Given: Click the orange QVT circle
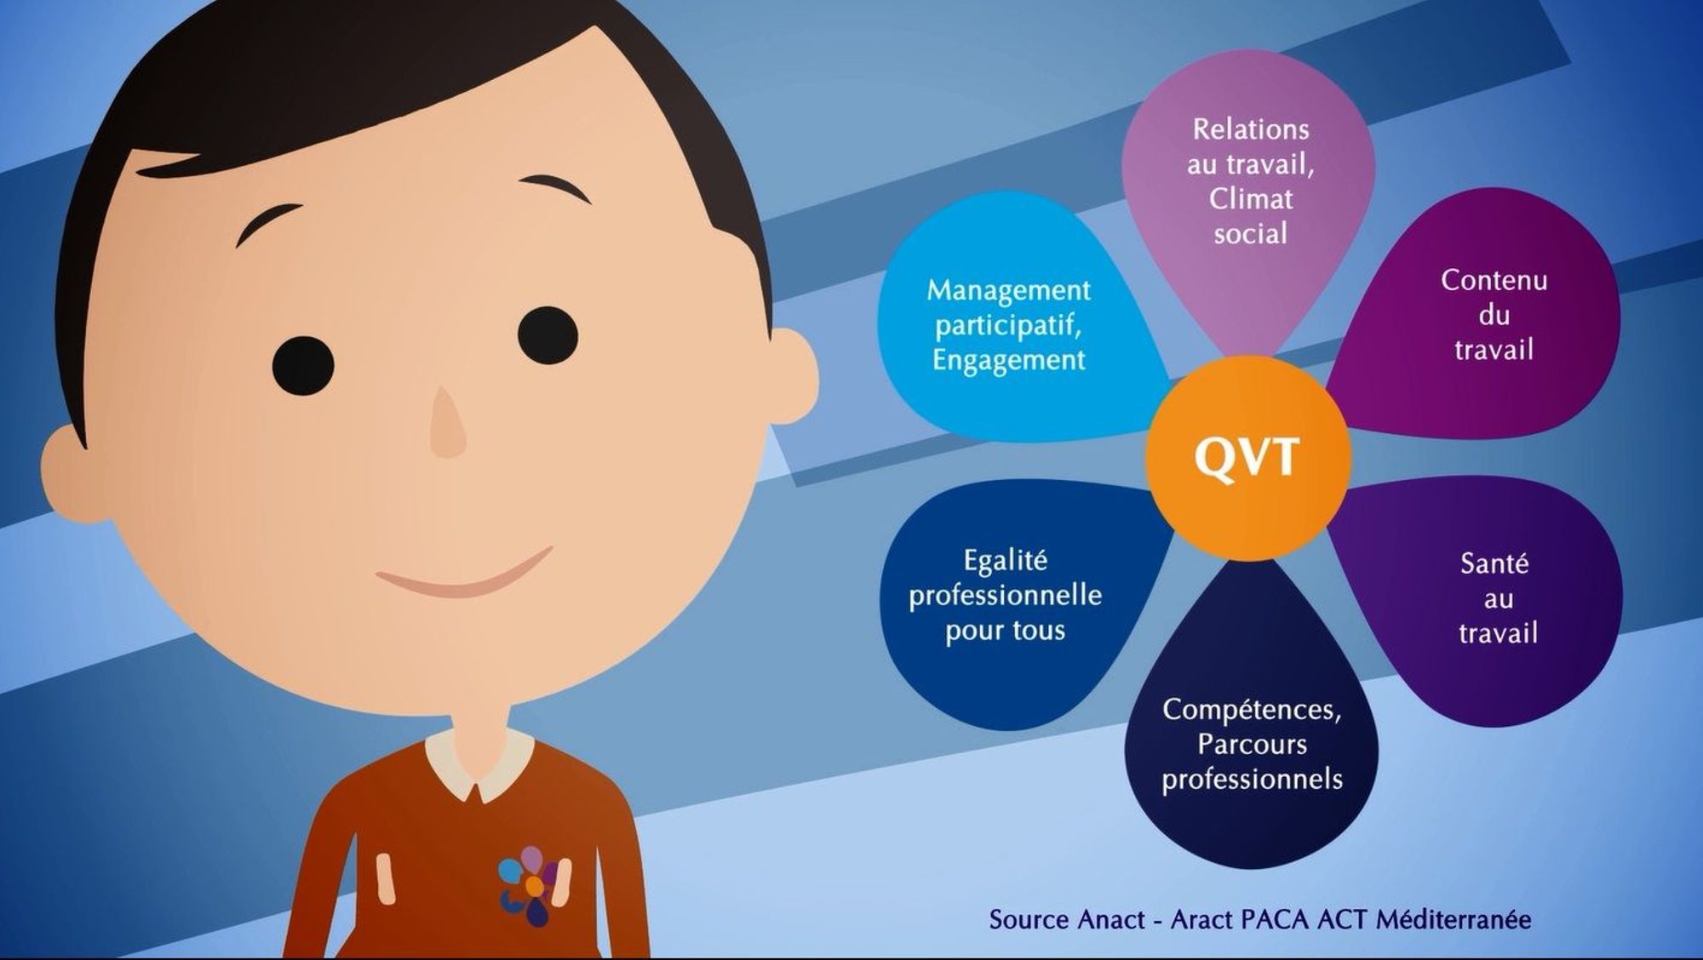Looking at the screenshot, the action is [1248, 458].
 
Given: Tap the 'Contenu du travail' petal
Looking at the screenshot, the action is [1482, 315].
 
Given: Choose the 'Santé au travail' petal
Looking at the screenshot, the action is [1486, 600].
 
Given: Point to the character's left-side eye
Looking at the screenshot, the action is [303, 366].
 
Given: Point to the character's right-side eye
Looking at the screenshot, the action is [548, 335].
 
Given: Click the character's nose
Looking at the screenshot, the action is [448, 423].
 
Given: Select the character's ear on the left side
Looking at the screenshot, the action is [72, 472].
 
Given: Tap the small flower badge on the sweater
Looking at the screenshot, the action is [530, 885].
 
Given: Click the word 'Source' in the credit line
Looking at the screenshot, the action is [1029, 920].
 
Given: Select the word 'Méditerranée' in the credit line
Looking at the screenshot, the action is [1454, 919].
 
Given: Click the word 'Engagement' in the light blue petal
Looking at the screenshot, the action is [1009, 361].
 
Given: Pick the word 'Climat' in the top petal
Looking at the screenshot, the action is [1251, 198].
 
